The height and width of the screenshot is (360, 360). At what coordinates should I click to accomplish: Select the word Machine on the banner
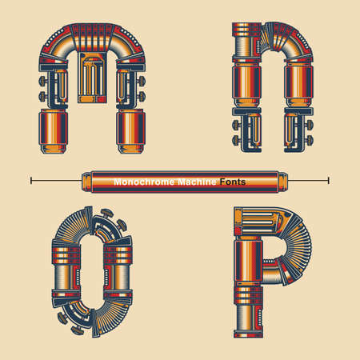click(x=196, y=182)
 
